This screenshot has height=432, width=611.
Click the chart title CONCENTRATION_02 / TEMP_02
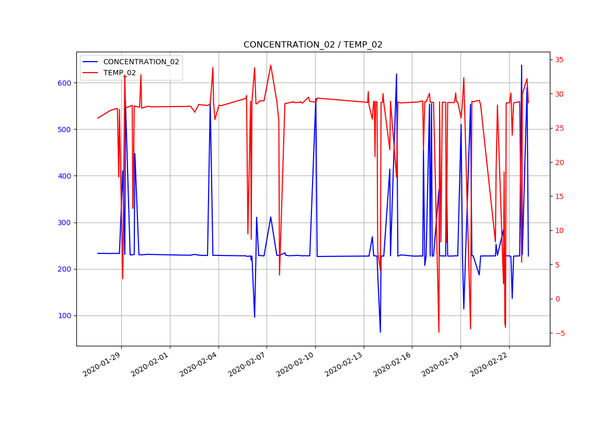[x=313, y=45]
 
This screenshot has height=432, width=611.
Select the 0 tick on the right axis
[x=557, y=299]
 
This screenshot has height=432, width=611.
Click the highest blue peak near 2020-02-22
[x=521, y=65]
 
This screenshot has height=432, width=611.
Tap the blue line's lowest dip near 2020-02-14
[x=380, y=332]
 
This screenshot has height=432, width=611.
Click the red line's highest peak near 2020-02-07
[x=270, y=65]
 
